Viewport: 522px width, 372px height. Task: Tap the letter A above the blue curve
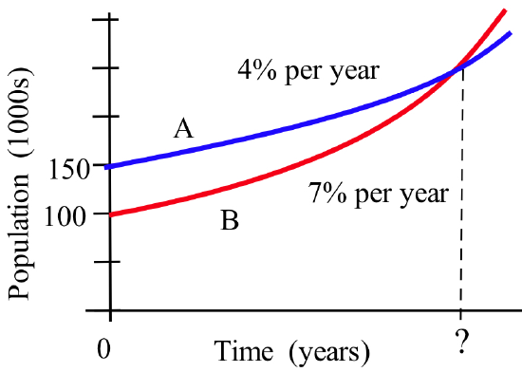coord(183,128)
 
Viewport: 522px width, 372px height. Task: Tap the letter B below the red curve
coord(230,222)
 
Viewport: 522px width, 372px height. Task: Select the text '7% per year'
coord(378,195)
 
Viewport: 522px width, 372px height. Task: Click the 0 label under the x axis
coord(110,347)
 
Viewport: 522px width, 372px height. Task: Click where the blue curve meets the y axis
coord(112,167)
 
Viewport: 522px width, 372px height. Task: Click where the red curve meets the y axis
coord(112,214)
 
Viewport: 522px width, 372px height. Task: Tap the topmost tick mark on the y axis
coord(112,20)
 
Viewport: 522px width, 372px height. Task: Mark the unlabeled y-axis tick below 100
coord(112,261)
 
